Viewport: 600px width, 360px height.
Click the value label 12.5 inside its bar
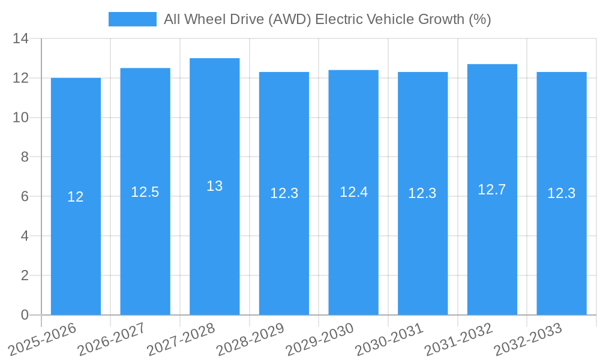point(145,192)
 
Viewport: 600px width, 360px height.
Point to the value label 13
point(214,186)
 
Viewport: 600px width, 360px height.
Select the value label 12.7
point(492,190)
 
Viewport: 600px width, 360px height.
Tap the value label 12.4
point(353,192)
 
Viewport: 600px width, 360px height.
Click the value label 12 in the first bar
point(76,197)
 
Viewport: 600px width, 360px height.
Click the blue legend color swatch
point(132,19)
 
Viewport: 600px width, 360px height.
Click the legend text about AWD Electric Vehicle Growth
point(327,19)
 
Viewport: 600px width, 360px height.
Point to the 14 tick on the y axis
point(21,39)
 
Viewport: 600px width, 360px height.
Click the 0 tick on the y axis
point(25,315)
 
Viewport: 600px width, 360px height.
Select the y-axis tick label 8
point(25,157)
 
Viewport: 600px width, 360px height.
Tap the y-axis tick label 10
point(21,118)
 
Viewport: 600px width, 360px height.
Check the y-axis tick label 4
point(25,236)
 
